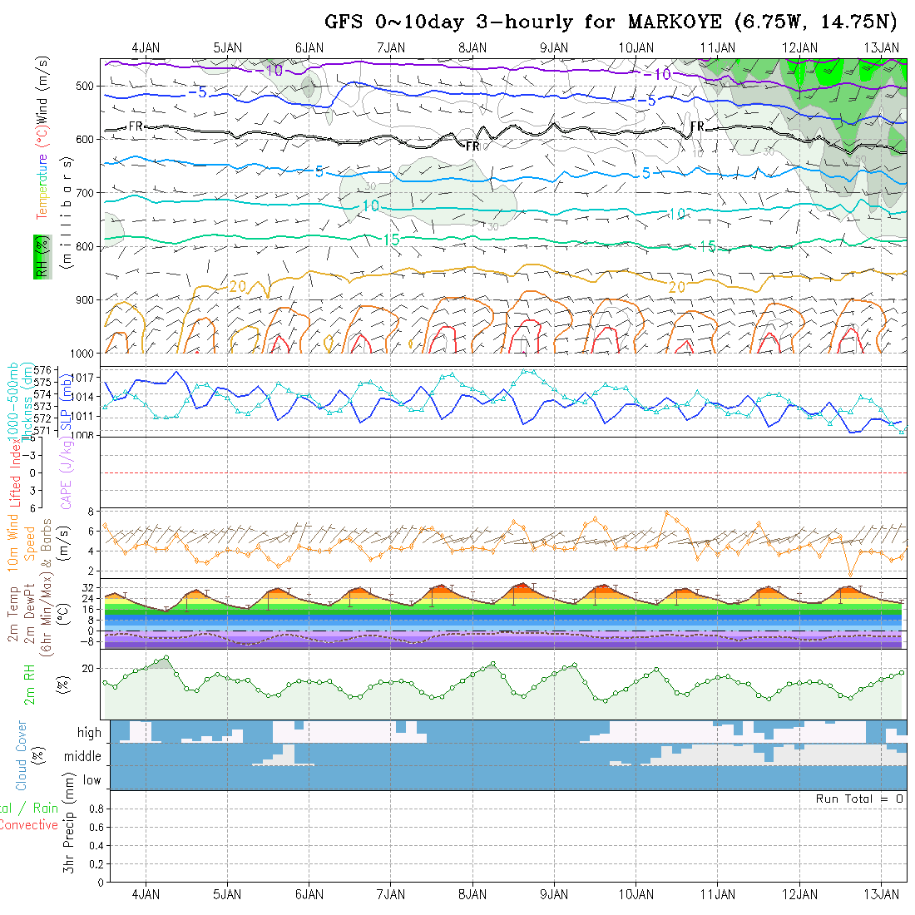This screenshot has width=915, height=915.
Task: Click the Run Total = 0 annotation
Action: click(859, 799)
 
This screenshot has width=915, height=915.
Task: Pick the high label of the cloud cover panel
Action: click(89, 733)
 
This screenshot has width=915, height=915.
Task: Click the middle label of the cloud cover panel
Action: click(83, 757)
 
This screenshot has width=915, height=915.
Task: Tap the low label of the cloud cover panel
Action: click(91, 780)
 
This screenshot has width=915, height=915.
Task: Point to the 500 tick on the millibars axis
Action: click(88, 86)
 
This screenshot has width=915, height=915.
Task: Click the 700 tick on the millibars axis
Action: click(88, 193)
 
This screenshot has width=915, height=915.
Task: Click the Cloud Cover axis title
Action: click(22, 755)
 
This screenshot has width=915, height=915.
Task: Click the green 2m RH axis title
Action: click(30, 685)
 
